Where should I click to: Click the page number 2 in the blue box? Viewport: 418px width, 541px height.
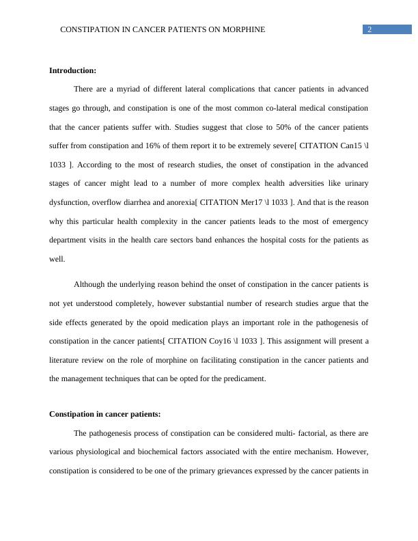(370, 29)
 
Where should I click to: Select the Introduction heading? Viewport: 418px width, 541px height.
(73, 70)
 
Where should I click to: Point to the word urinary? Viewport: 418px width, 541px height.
(354, 184)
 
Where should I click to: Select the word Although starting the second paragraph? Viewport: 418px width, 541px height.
(92, 283)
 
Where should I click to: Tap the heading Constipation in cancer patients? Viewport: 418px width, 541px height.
(105, 414)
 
